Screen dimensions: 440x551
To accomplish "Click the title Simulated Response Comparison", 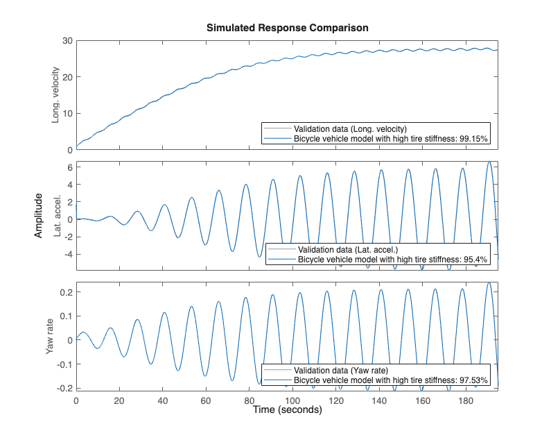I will coord(287,28).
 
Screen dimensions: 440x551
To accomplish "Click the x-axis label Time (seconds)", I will coord(287,410).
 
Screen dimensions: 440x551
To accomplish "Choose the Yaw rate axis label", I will coord(50,336).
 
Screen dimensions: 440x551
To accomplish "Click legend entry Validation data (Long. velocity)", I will coord(349,129).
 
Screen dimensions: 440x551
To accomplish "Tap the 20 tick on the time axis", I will coord(119,400).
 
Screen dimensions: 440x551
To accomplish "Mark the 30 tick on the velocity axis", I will coord(67,40).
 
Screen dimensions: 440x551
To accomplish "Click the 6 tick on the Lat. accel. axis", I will coord(69,167).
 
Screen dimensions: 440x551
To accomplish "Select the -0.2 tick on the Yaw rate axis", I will coord(64,387).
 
